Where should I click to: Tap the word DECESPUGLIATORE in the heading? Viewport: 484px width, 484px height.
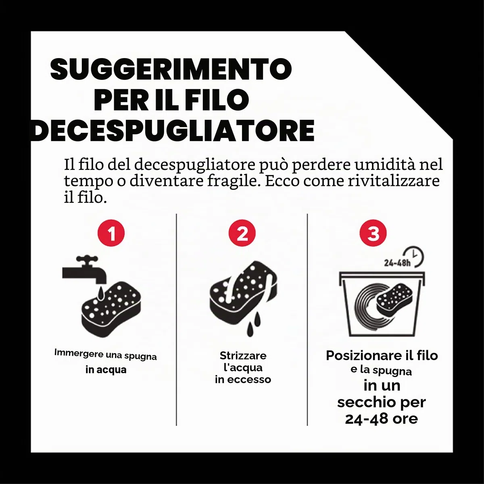(173, 131)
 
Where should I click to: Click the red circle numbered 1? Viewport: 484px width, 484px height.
(111, 233)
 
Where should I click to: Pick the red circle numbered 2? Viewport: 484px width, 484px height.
(242, 233)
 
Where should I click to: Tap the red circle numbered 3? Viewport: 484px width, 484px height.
(373, 233)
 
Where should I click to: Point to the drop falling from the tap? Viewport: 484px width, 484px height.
(101, 294)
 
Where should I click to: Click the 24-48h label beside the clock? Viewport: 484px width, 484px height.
(397, 263)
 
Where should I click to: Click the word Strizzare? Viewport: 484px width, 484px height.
(243, 356)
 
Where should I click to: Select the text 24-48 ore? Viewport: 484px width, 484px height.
(382, 418)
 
